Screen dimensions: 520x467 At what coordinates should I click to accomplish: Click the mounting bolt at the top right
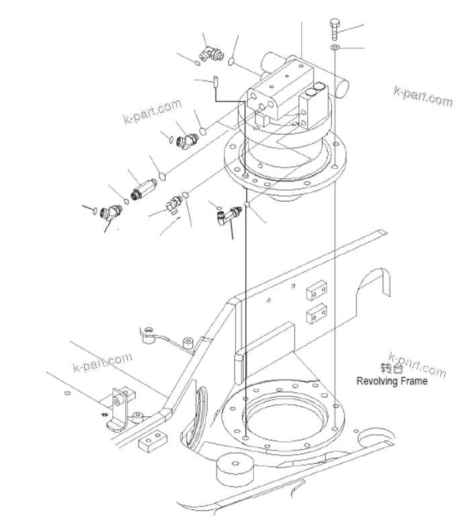(x=335, y=28)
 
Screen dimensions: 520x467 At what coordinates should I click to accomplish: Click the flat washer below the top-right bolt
(x=335, y=48)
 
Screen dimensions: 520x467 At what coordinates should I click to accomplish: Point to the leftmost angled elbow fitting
(x=110, y=214)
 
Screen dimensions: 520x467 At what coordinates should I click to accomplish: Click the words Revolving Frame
(x=391, y=381)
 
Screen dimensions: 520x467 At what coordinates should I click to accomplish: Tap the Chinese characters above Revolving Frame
(x=391, y=368)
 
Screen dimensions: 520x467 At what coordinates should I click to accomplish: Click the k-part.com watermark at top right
(x=423, y=97)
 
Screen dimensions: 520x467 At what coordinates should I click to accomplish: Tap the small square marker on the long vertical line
(x=247, y=205)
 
